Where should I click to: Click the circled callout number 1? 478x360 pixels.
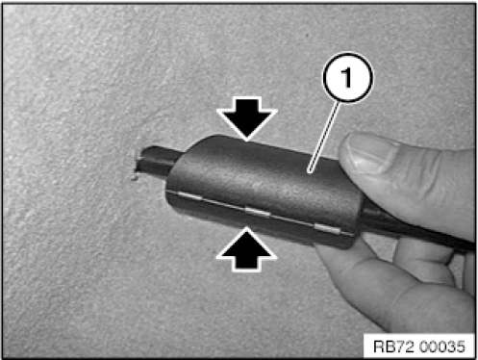point(347,77)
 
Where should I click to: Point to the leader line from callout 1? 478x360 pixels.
point(324,137)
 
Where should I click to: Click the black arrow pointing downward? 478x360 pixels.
point(246,118)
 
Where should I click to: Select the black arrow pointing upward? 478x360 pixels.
point(246,249)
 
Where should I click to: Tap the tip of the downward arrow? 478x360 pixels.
point(246,141)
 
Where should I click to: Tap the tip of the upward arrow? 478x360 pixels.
point(246,227)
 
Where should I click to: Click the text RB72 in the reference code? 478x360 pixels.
point(394,347)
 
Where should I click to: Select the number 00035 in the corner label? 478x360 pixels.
point(441,347)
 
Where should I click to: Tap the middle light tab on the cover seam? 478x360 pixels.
point(258,212)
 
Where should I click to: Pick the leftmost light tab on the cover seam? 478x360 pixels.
point(189,194)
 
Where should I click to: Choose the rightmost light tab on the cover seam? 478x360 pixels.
point(327,228)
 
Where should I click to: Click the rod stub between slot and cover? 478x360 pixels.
point(158,162)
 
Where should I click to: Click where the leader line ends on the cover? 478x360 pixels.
point(309,171)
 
